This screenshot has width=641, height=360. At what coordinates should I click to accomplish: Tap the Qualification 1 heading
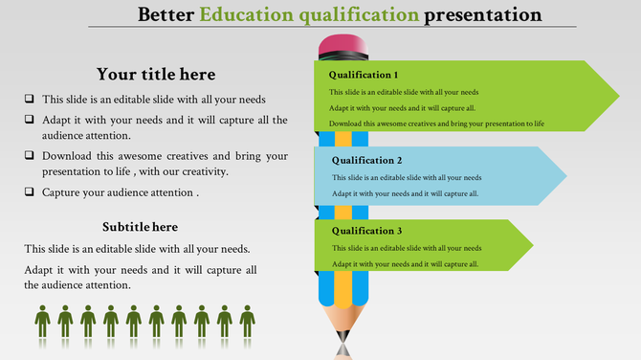pyautogui.click(x=364, y=75)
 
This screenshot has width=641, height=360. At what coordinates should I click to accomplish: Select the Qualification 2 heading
pyautogui.click(x=366, y=161)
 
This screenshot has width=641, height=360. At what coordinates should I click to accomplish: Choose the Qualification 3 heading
pyautogui.click(x=366, y=231)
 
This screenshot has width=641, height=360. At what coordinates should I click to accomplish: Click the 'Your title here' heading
pyautogui.click(x=156, y=75)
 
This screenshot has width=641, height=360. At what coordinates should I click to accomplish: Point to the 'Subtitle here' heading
pyautogui.click(x=140, y=227)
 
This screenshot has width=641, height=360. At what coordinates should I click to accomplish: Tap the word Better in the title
pyautogui.click(x=168, y=15)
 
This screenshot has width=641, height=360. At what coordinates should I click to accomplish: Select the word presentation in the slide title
pyautogui.click(x=483, y=15)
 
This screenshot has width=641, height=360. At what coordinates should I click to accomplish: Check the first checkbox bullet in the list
pyautogui.click(x=30, y=99)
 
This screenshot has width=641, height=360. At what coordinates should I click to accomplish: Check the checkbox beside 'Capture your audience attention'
pyautogui.click(x=30, y=191)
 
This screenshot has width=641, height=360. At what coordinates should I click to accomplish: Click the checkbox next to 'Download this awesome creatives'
pyautogui.click(x=30, y=154)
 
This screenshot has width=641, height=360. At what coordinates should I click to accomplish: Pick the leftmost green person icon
pyautogui.click(x=42, y=322)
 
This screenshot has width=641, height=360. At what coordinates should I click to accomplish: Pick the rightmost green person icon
pyautogui.click(x=247, y=322)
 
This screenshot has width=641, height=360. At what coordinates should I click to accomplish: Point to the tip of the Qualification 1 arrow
pyautogui.click(x=617, y=96)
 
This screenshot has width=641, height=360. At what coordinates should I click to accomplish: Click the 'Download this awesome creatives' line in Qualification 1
pyautogui.click(x=436, y=124)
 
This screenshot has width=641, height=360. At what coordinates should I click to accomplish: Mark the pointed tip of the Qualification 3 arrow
pyautogui.click(x=532, y=245)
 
